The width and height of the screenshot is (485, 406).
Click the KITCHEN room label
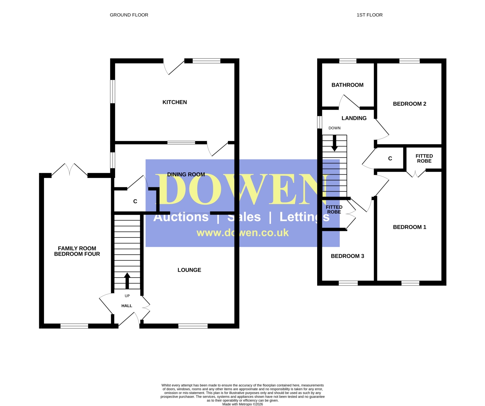point(175,102)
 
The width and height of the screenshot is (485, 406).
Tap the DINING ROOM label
point(186,174)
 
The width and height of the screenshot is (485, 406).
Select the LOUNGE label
point(189,270)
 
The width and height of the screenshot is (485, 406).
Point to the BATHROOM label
point(347,85)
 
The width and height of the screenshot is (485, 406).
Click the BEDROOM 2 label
point(410,104)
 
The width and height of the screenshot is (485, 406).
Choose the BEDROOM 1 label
point(410,227)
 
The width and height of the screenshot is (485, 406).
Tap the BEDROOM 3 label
point(347,256)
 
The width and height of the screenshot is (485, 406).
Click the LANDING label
point(354,118)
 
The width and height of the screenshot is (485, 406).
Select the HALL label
point(127,306)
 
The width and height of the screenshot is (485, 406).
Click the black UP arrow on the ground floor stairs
point(127,281)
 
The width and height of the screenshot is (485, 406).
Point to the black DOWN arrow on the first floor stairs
point(334,143)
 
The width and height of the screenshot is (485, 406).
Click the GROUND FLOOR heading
point(129,15)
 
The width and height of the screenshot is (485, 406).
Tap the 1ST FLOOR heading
point(370,15)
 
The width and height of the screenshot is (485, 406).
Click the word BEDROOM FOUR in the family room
point(77,254)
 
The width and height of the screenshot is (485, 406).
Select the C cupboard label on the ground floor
point(135,201)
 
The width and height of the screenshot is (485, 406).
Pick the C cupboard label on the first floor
point(390,159)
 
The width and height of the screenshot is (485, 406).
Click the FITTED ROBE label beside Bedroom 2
point(424,159)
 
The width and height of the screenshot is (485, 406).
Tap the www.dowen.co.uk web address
point(242,233)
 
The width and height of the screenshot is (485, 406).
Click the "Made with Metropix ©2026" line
point(242,404)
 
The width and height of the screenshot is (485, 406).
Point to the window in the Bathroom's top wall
point(348,61)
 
